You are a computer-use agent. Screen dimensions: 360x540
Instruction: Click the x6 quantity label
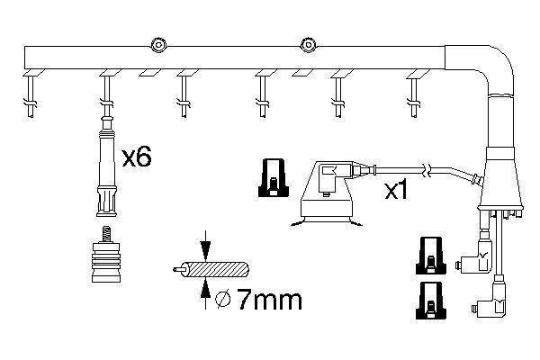point(136,158)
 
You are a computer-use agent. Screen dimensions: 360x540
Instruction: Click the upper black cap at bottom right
point(431,254)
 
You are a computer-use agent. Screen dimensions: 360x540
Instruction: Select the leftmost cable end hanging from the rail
point(30,94)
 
